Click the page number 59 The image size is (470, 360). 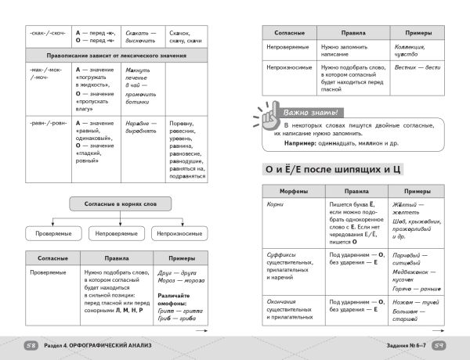[439, 345]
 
